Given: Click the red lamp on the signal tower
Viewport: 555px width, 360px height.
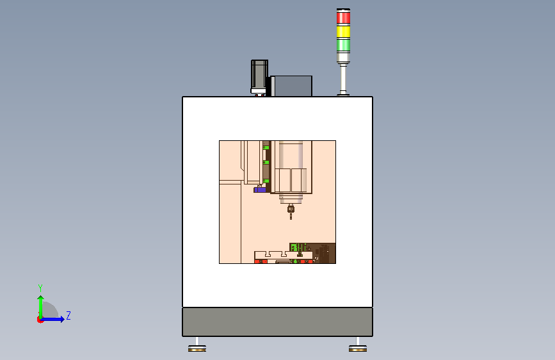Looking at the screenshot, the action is coord(343,17).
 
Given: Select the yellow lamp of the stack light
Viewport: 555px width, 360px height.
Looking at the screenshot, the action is coord(343,31).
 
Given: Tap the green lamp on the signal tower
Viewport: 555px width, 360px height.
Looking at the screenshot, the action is coord(343,45).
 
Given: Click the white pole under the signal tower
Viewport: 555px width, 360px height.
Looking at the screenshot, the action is coord(343,79).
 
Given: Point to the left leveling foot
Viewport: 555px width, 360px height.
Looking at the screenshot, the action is coord(197,346).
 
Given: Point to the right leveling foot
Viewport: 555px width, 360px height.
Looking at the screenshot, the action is coord(358,346).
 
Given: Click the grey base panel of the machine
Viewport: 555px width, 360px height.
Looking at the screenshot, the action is coord(278,322).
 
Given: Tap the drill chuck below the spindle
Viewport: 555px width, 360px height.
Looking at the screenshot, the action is coord(291,209).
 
